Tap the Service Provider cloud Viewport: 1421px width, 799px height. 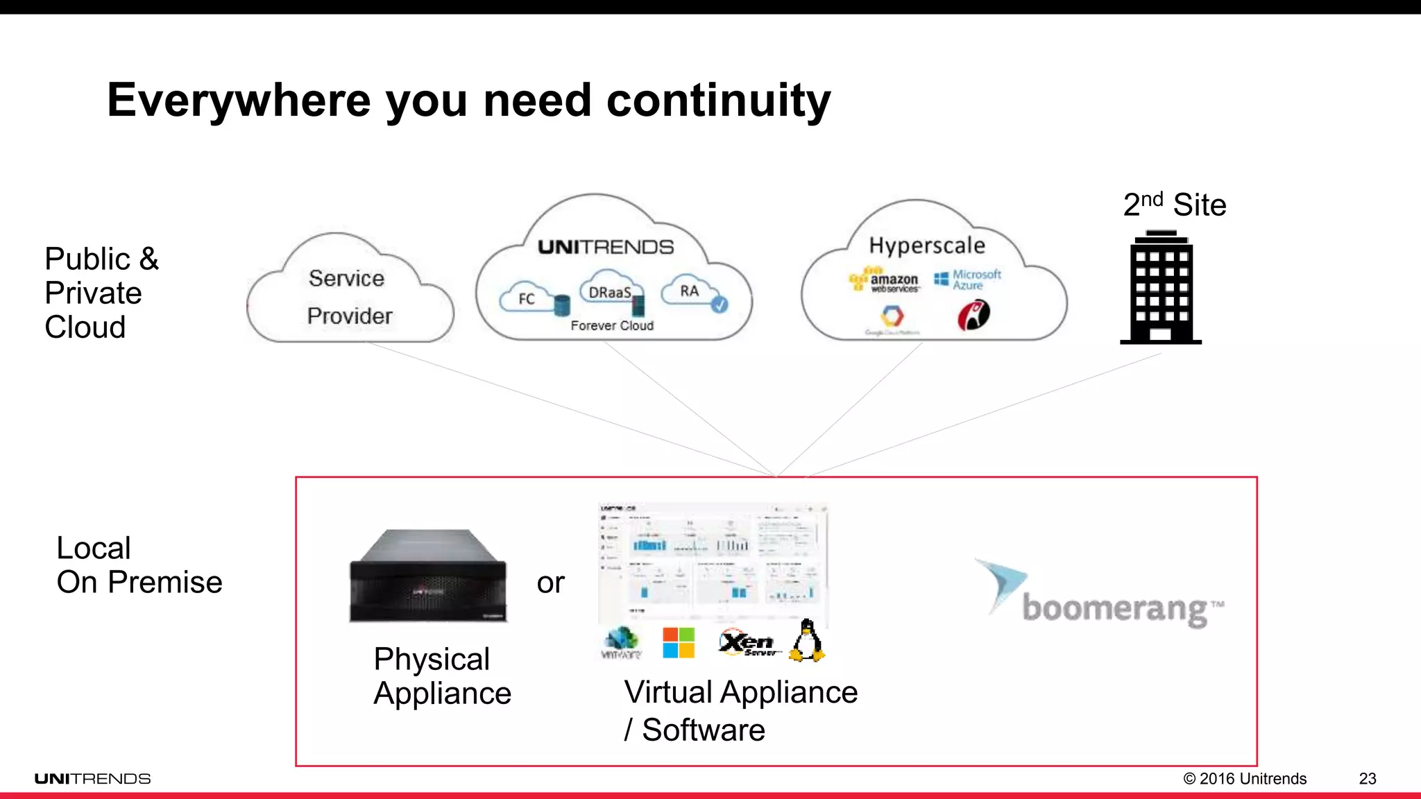[x=349, y=297]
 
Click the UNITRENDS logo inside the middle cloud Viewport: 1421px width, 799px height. [x=606, y=247]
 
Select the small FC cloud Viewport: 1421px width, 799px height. [x=527, y=298]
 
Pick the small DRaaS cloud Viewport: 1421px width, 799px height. [x=610, y=292]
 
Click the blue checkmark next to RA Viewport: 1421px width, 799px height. [x=720, y=304]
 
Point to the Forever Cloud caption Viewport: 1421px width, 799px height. [x=612, y=325]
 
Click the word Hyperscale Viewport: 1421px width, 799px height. [x=927, y=246]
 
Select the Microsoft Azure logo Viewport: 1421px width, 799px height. [x=969, y=280]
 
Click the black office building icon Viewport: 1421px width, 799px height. [x=1161, y=289]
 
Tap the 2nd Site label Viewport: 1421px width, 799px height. [x=1175, y=205]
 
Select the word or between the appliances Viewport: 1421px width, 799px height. [x=550, y=583]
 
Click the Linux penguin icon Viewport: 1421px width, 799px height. [x=807, y=641]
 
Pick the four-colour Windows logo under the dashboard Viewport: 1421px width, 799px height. [x=679, y=643]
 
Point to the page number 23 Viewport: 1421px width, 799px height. [x=1367, y=778]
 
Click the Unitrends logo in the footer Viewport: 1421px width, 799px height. [x=92, y=779]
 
